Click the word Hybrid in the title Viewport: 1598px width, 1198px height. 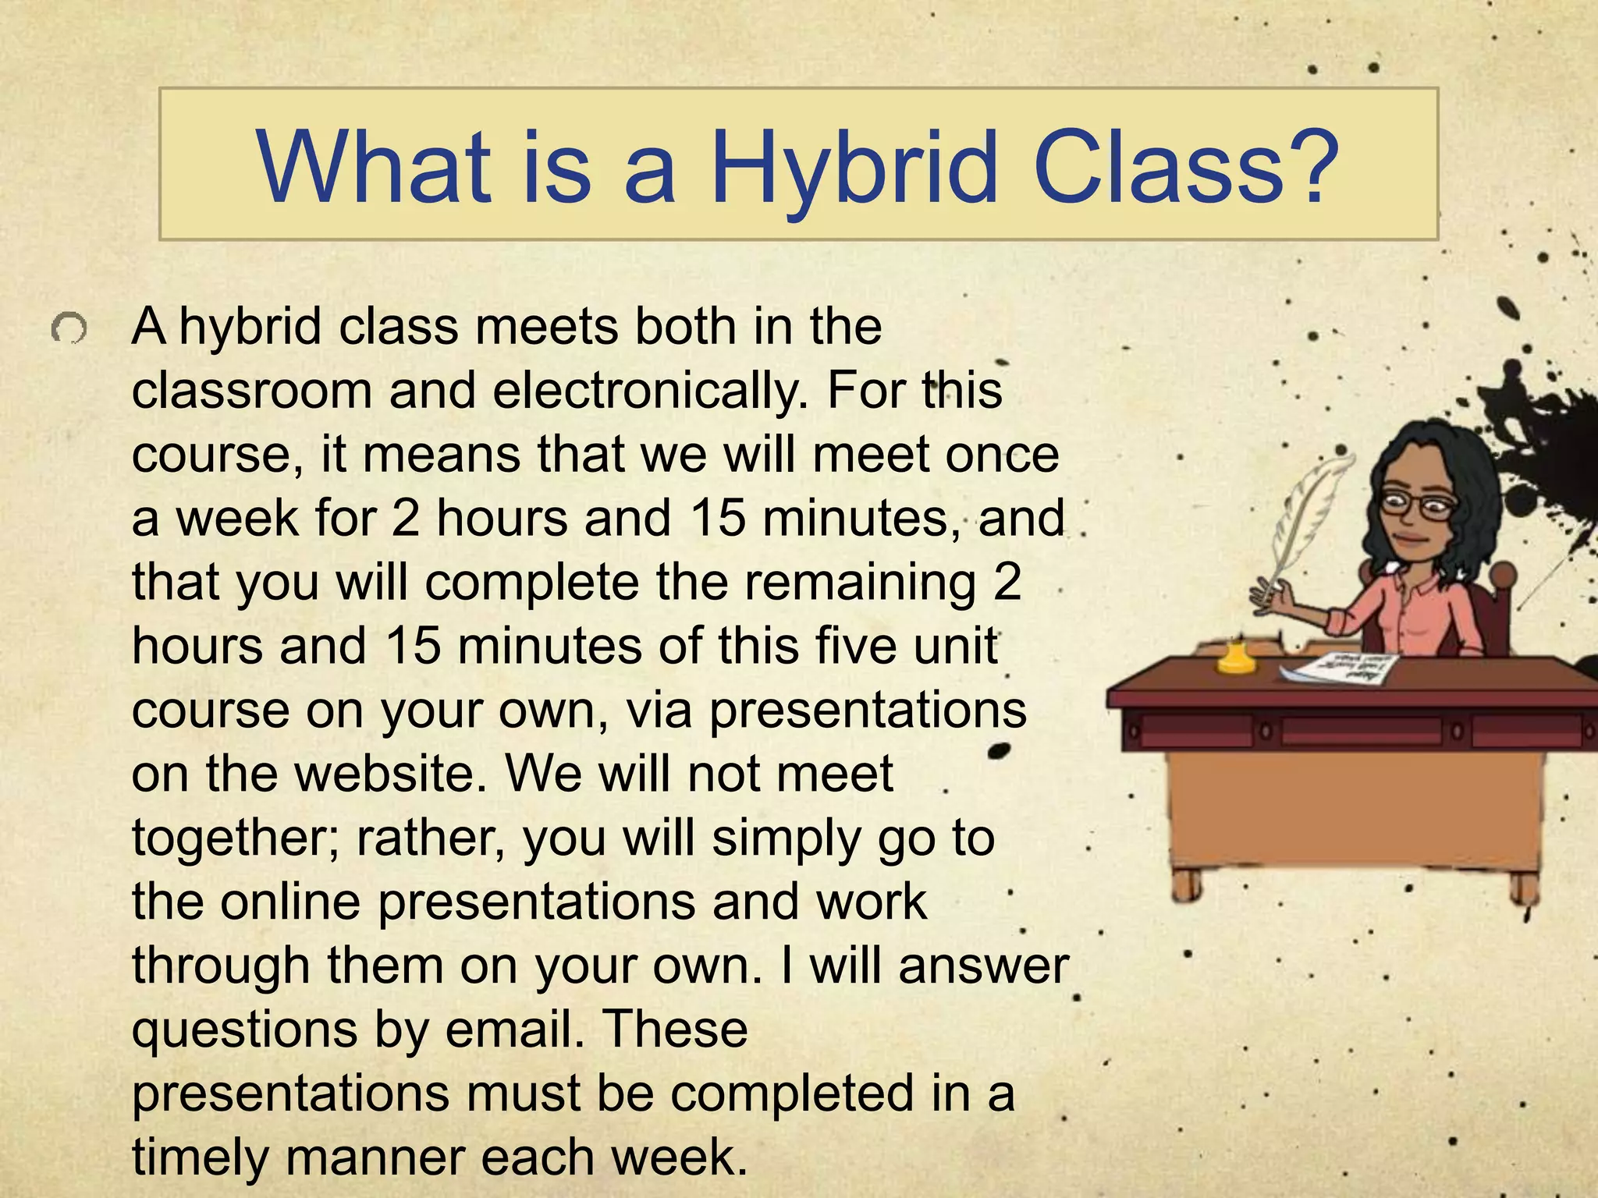point(854,168)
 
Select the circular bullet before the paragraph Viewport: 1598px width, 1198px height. point(69,329)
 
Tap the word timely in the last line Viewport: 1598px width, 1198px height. point(200,1157)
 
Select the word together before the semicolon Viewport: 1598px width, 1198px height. point(234,839)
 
